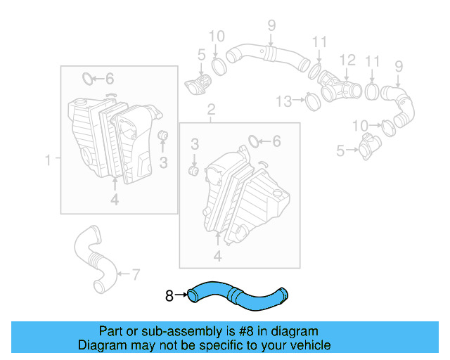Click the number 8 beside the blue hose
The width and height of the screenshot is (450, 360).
tap(169, 296)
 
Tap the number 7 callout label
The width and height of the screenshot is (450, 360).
tap(136, 273)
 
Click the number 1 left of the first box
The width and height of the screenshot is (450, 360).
tap(49, 161)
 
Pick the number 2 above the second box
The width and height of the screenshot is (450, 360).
tap(210, 109)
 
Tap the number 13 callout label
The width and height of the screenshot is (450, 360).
tap(283, 102)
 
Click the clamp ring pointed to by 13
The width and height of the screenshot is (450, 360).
tap(313, 103)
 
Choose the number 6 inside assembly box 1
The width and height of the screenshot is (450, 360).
tap(110, 79)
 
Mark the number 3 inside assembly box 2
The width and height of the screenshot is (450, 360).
tap(195, 144)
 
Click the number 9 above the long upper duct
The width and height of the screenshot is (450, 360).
tap(271, 27)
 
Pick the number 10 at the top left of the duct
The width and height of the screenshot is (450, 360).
tap(216, 36)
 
